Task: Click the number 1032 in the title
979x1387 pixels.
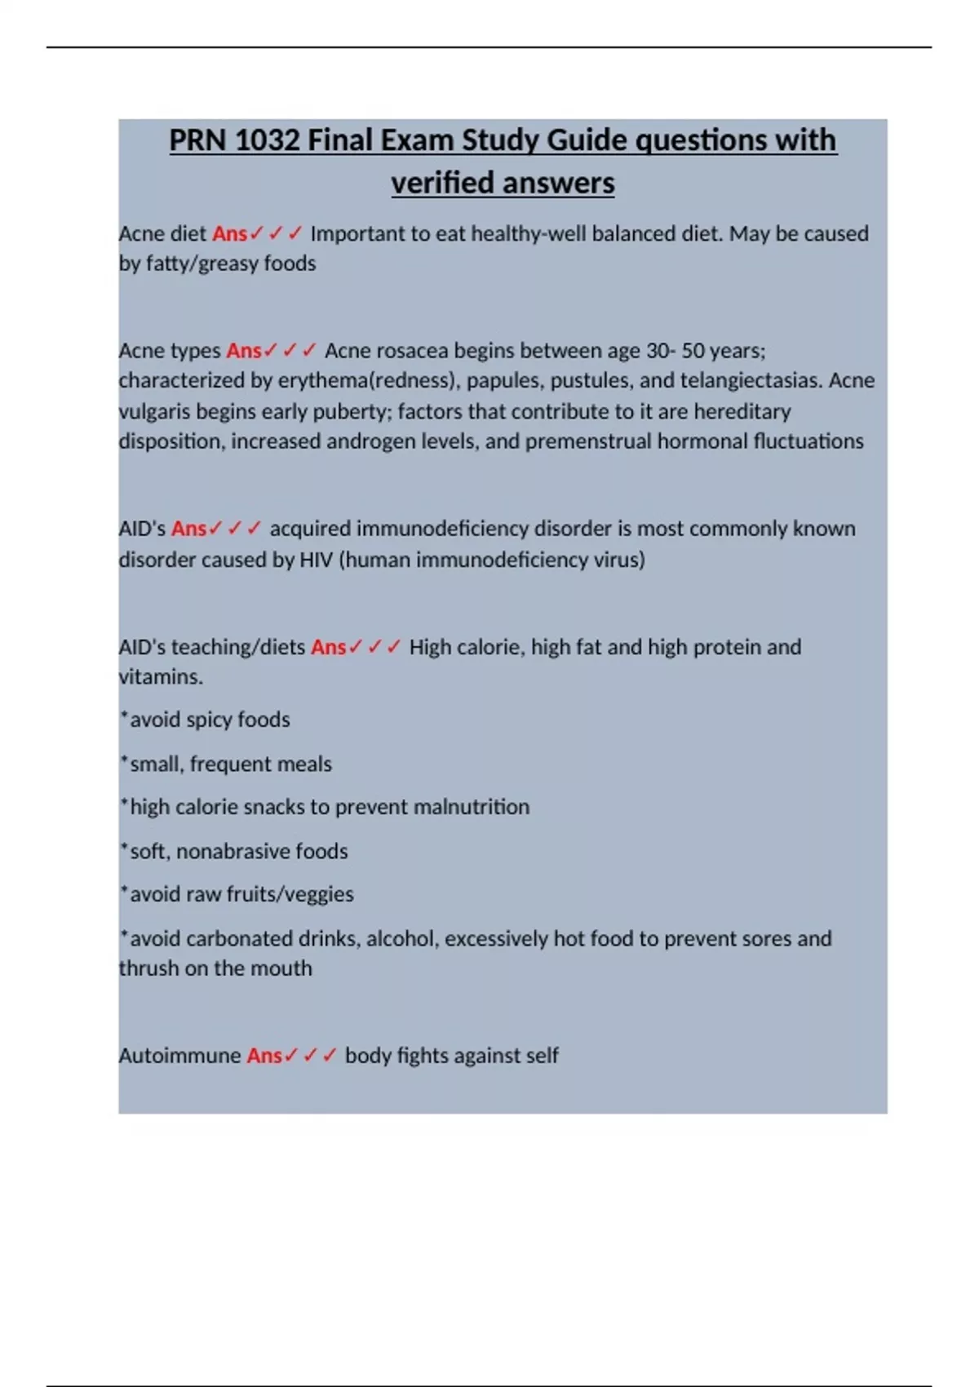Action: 267,140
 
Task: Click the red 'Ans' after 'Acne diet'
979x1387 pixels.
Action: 229,234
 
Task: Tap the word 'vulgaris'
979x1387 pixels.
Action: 154,411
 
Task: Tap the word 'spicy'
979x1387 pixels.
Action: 209,720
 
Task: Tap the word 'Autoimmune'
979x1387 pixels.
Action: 179,1056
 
